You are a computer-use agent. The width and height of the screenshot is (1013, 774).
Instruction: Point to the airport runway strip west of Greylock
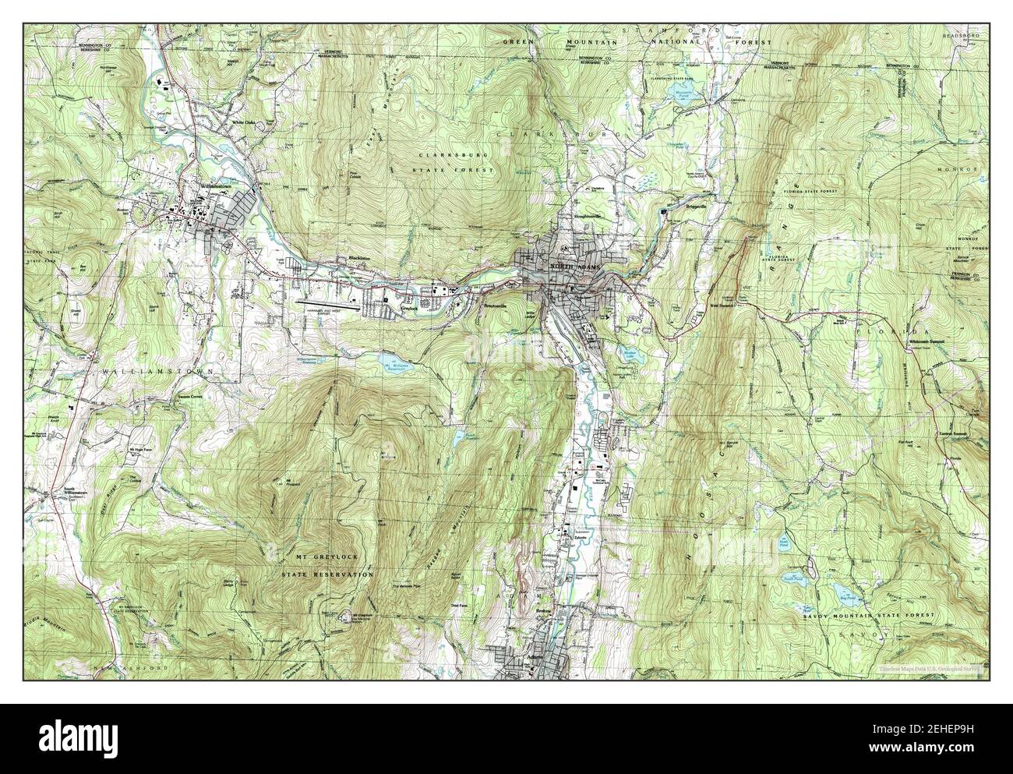(x=327, y=304)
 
